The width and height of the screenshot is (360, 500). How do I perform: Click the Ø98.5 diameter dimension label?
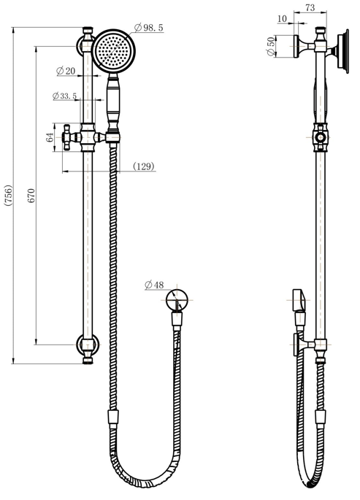[150, 27]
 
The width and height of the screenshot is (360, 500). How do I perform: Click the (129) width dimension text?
[144, 167]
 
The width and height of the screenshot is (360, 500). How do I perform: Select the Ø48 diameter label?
[154, 285]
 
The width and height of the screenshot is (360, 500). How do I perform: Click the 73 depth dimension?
[309, 7]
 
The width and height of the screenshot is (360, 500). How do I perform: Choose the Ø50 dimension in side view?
[271, 46]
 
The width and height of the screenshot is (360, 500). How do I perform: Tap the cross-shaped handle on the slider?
[72, 136]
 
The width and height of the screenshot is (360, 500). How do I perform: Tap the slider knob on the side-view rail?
[319, 136]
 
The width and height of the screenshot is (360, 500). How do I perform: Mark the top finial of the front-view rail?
[88, 31]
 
